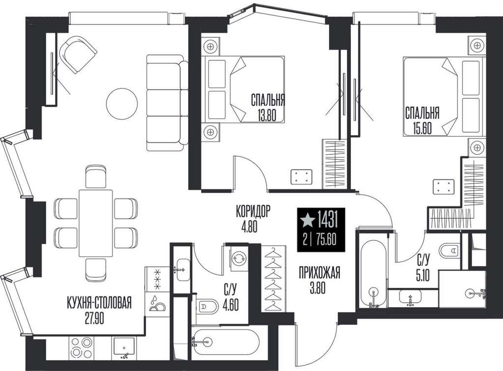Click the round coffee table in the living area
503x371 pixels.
122,104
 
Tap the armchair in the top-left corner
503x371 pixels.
78,54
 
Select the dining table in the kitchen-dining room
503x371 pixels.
96,224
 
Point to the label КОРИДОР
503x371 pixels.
253,211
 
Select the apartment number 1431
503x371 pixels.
328,220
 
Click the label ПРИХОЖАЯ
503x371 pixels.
319,274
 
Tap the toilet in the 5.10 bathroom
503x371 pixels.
451,250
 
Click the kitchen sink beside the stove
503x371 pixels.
124,348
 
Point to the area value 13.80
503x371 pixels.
267,114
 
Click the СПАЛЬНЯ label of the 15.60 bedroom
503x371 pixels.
422,113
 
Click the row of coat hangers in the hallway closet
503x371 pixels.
273,278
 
